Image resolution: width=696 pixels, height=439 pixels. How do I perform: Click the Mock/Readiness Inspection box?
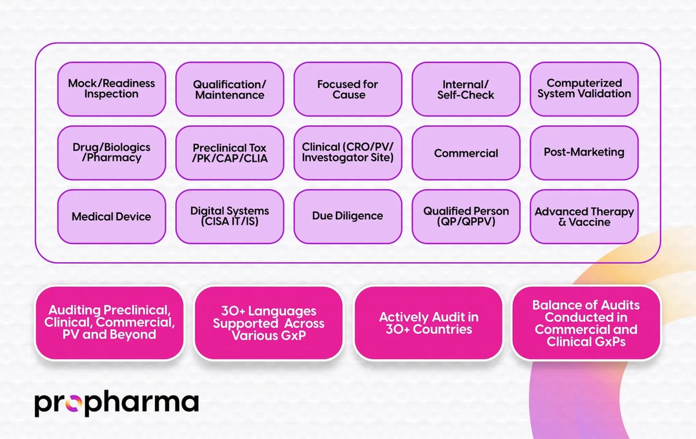[x=111, y=89]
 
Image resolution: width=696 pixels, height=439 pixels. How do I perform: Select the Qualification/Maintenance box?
[x=230, y=89]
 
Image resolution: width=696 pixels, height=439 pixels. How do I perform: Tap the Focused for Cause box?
[x=348, y=89]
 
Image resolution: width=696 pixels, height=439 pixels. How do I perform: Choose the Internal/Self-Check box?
[x=466, y=89]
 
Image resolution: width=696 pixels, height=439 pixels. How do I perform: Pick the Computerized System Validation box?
[x=584, y=89]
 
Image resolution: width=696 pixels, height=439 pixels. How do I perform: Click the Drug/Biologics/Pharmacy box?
[x=111, y=153]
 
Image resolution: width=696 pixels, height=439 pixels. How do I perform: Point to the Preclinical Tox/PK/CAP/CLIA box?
[x=230, y=153]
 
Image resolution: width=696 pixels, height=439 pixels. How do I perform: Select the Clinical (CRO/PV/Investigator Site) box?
[x=348, y=153]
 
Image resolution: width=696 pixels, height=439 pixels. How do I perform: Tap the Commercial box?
[x=466, y=153]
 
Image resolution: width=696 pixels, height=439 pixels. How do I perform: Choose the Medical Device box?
[x=111, y=216]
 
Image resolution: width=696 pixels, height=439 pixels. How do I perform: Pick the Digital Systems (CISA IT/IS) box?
[x=230, y=216]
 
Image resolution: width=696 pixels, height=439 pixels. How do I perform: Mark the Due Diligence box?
[x=348, y=216]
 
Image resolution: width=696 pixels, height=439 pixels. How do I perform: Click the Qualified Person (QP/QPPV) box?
[x=466, y=216]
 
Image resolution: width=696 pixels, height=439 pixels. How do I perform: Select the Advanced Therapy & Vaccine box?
[x=584, y=216]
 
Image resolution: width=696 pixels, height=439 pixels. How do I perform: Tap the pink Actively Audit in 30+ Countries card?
[x=428, y=323]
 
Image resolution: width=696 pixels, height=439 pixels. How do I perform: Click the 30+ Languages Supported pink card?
[x=268, y=323]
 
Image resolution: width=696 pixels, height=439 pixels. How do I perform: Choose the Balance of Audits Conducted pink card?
[x=586, y=323]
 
